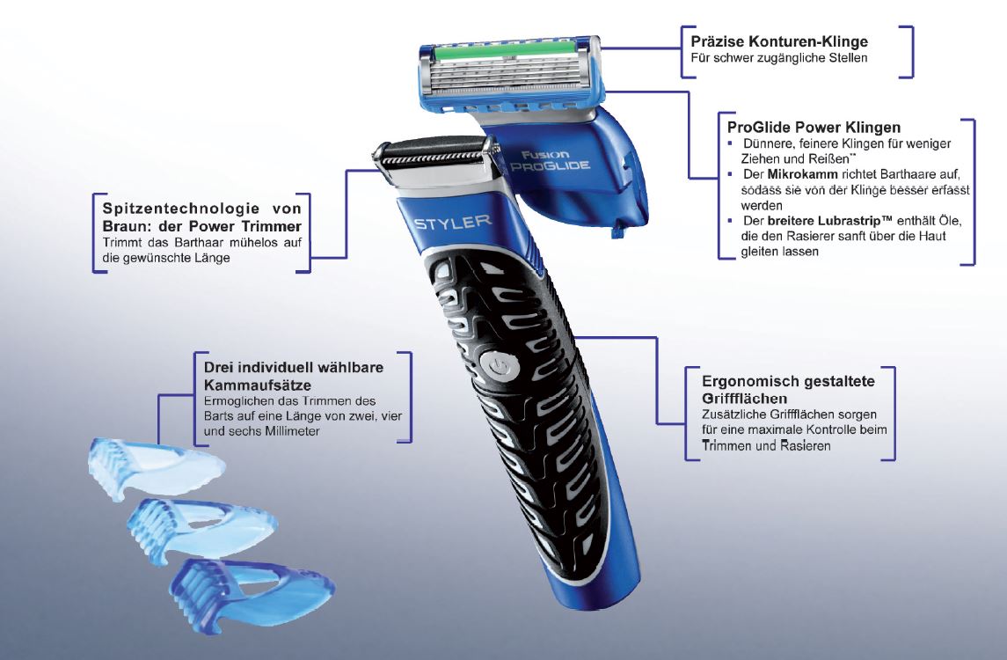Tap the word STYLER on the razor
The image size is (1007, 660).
tap(453, 223)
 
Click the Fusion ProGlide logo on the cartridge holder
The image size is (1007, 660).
tap(549, 161)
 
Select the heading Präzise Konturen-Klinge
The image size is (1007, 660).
tap(779, 41)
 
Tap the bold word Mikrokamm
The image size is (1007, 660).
tap(802, 174)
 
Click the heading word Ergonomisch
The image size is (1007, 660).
tap(742, 382)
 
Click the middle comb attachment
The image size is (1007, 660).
tap(201, 528)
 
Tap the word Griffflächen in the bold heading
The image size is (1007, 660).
tap(744, 399)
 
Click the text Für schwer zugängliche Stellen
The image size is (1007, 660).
tap(779, 58)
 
